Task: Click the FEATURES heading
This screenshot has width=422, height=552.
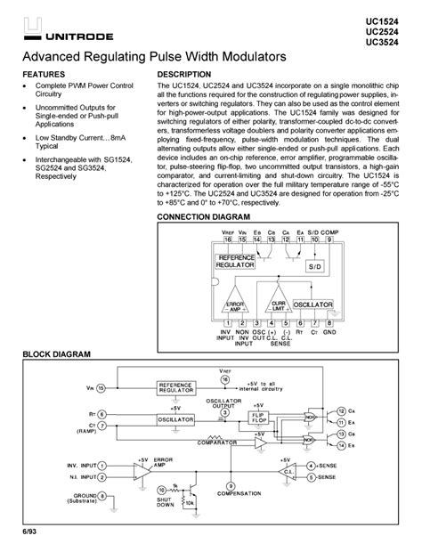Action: (44, 74)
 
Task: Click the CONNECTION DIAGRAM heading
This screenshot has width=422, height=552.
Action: (203, 217)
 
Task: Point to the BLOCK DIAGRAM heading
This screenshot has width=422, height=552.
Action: (56, 354)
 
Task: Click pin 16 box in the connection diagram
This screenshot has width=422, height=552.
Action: (228, 239)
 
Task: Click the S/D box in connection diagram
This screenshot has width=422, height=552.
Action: (316, 266)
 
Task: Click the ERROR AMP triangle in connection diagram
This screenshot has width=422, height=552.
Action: (236, 304)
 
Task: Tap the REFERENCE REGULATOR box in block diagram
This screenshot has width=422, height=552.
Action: (182, 387)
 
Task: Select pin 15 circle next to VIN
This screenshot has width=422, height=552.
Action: (101, 387)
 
